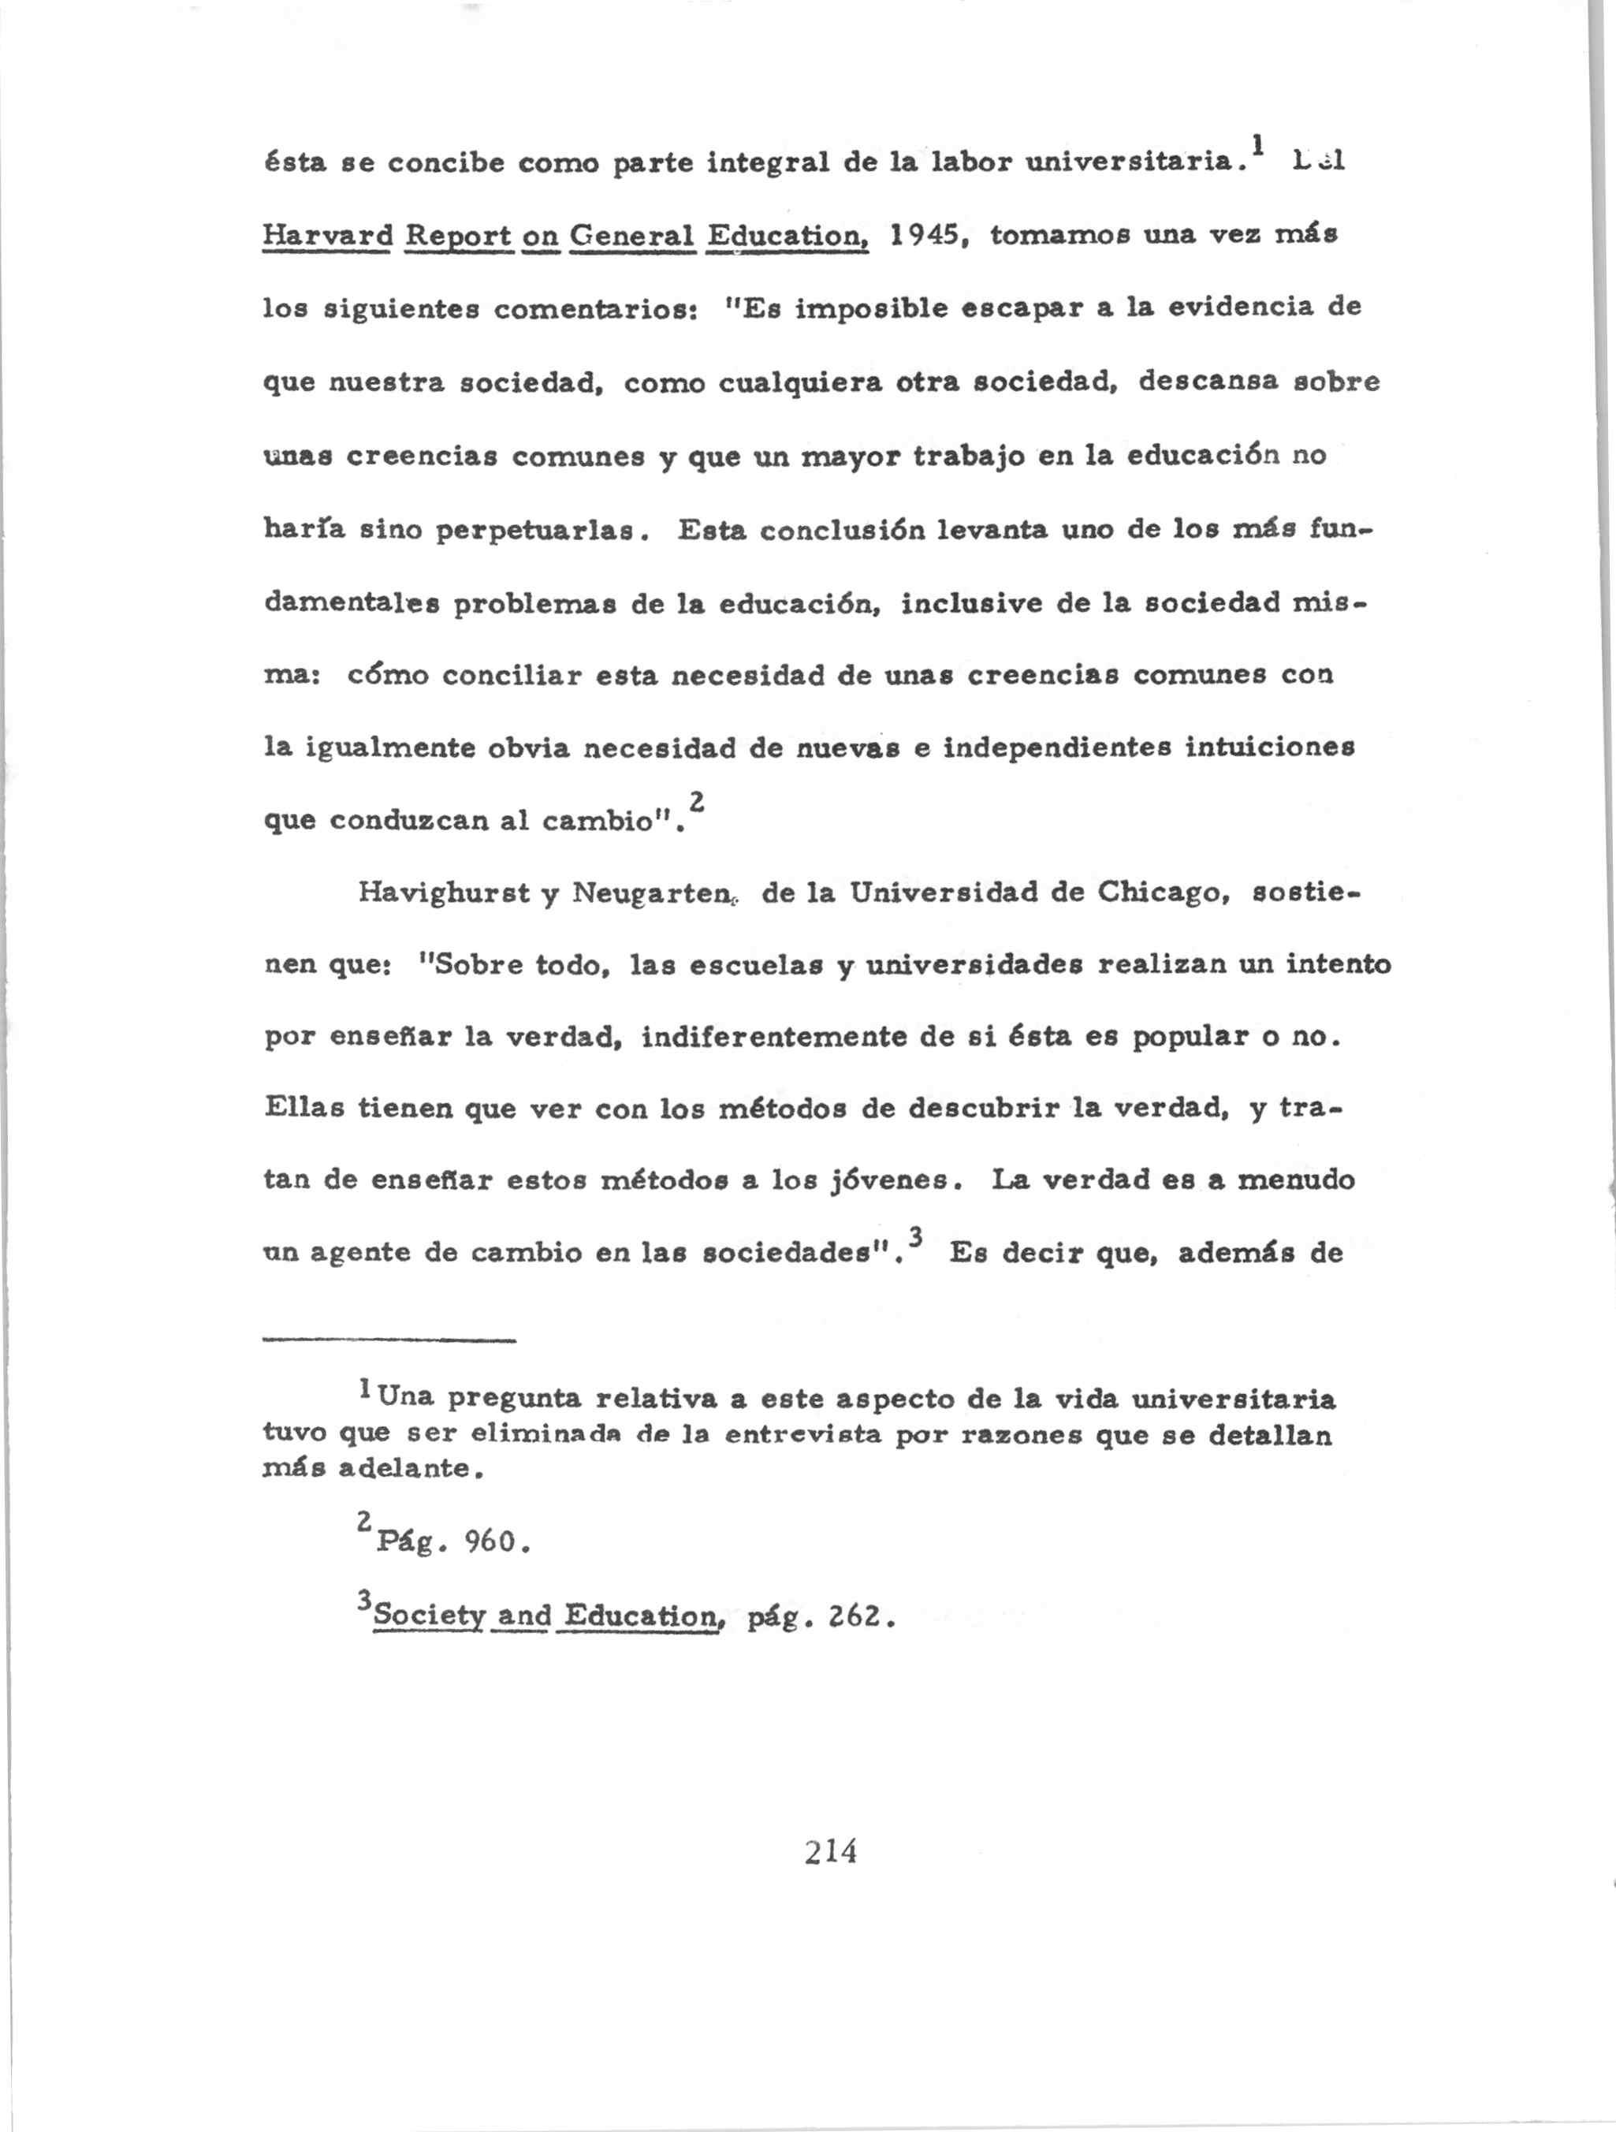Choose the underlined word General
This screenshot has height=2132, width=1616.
(x=632, y=236)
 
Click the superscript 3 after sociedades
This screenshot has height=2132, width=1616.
(x=915, y=1236)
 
